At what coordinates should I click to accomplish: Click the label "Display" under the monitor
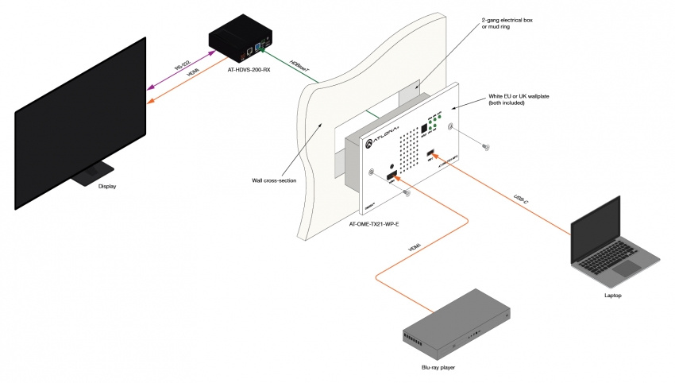107,187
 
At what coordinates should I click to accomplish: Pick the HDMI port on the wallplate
391,177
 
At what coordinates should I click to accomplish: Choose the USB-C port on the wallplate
430,153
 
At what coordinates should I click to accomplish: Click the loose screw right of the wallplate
486,146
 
